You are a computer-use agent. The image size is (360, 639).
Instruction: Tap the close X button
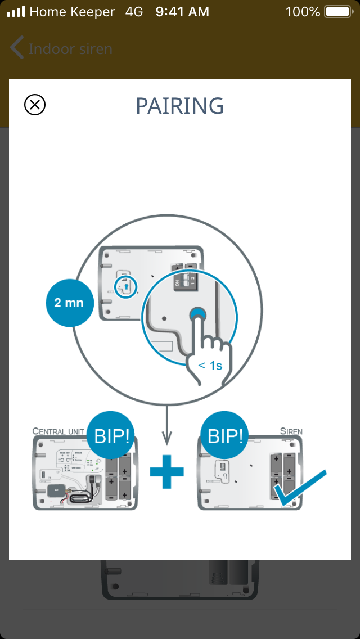[35, 105]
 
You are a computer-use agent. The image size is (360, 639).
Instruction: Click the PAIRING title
[180, 106]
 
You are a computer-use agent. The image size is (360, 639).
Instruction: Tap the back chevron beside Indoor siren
[17, 48]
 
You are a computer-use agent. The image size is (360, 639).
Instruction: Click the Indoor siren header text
[70, 49]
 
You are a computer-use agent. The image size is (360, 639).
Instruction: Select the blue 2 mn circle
[69, 303]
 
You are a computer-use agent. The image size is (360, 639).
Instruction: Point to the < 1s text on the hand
[210, 366]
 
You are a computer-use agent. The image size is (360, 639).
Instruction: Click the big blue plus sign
[166, 471]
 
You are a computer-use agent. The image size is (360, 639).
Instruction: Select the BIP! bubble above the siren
[224, 436]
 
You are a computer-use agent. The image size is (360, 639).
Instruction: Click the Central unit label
[58, 431]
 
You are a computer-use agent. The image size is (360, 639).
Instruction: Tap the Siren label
[291, 431]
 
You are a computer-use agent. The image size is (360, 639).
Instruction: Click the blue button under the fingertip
[197, 316]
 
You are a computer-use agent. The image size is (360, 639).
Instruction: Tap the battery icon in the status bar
[337, 11]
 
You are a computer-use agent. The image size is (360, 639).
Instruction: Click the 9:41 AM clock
[182, 11]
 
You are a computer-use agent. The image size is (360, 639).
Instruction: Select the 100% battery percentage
[303, 11]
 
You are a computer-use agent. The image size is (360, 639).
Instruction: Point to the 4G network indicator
[134, 11]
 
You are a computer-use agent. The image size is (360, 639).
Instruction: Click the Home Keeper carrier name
[72, 11]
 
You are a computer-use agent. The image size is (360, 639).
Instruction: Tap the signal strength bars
[16, 11]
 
